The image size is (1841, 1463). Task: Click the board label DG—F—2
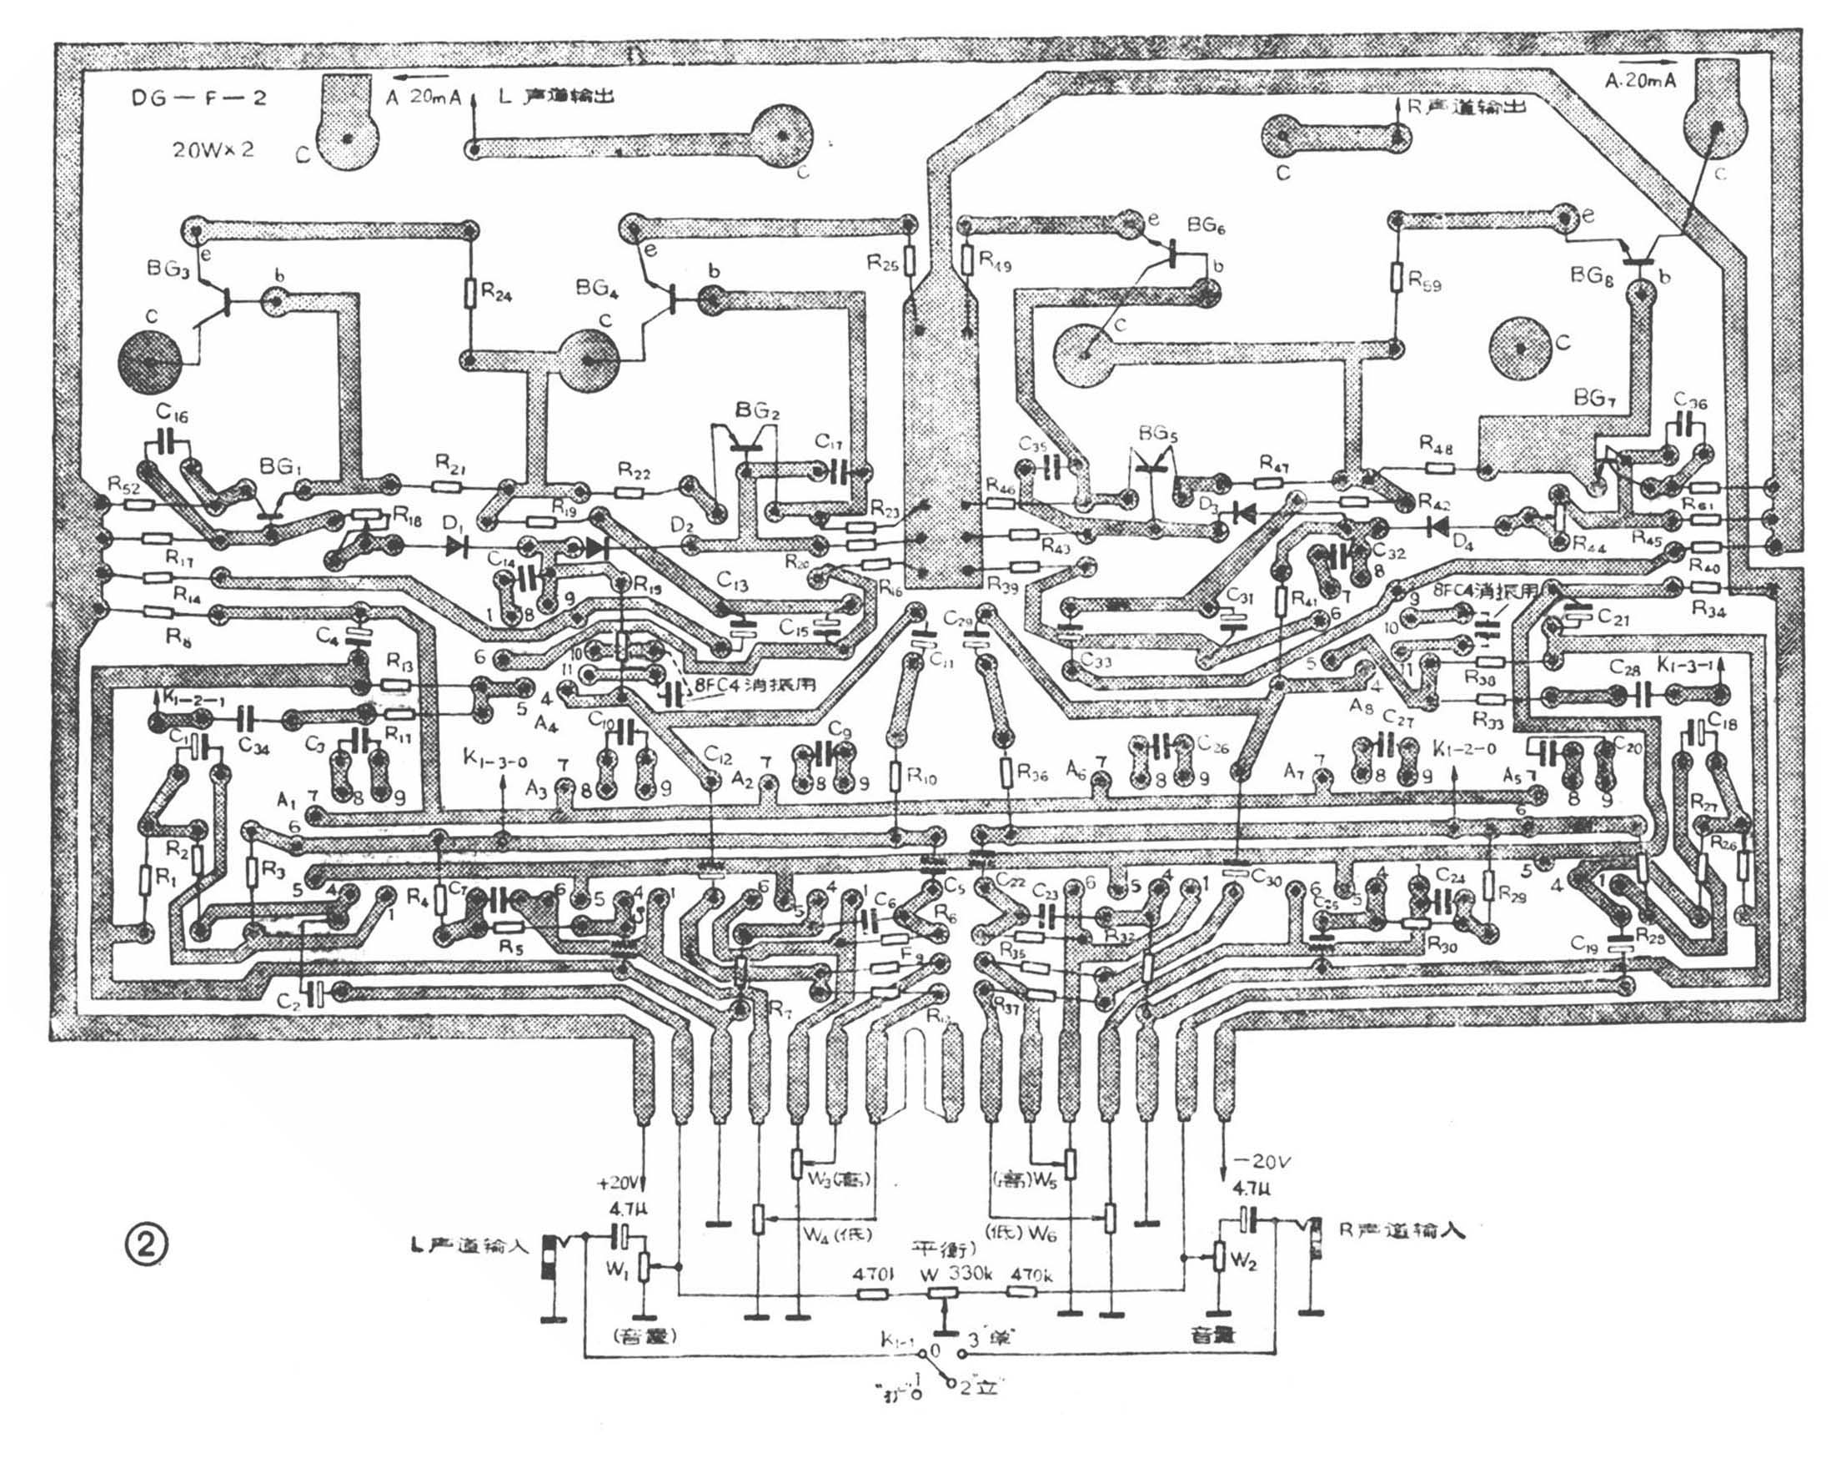pos(198,98)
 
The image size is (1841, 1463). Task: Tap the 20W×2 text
pos(213,149)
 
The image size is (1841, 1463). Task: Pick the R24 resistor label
pos(496,293)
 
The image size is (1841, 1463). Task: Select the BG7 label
pos(1589,398)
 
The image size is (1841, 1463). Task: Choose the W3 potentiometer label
pos(837,1181)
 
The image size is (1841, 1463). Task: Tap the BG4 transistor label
pos(597,289)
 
